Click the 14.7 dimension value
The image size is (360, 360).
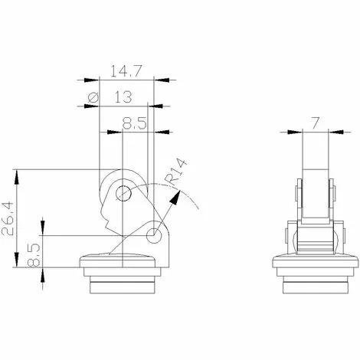click(x=126, y=71)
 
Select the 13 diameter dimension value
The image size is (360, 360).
click(x=123, y=97)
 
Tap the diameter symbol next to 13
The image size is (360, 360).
click(x=93, y=97)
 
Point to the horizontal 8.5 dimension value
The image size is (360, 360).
click(x=135, y=123)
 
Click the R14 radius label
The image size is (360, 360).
click(x=175, y=172)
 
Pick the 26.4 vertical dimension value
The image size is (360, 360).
click(x=8, y=218)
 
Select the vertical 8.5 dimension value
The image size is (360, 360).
click(x=34, y=254)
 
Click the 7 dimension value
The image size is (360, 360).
click(x=315, y=123)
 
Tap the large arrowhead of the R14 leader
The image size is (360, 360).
click(x=175, y=198)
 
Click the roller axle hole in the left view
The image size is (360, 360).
click(x=123, y=194)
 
